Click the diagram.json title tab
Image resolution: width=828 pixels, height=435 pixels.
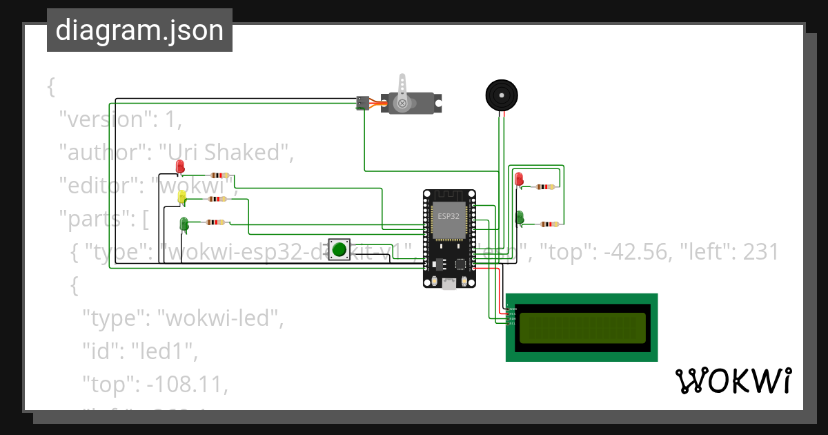pyautogui.click(x=139, y=30)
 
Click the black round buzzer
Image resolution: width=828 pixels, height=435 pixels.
pyautogui.click(x=500, y=95)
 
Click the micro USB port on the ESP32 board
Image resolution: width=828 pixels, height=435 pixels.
pyautogui.click(x=449, y=283)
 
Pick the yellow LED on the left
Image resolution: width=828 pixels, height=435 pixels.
pyautogui.click(x=182, y=197)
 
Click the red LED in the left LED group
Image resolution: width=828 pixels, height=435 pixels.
pyautogui.click(x=180, y=167)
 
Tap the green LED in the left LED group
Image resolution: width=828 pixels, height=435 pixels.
pyautogui.click(x=184, y=224)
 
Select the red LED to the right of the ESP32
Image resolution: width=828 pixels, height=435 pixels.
pyautogui.click(x=518, y=180)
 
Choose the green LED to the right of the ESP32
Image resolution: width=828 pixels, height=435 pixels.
pyautogui.click(x=519, y=217)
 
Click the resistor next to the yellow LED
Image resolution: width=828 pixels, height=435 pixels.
pyautogui.click(x=217, y=200)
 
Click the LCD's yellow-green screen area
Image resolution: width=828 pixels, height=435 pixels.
pyautogui.click(x=582, y=328)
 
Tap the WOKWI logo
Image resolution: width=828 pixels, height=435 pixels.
pyautogui.click(x=732, y=380)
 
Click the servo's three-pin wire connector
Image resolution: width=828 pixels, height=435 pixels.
pyautogui.click(x=362, y=103)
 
